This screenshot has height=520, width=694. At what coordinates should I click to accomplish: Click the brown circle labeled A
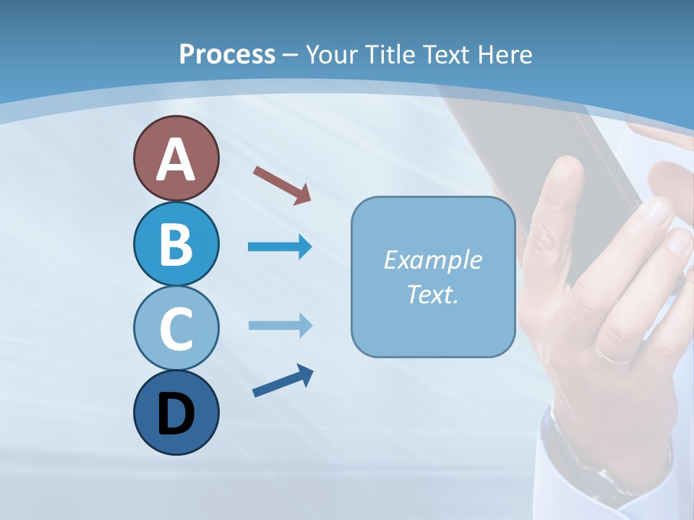click(x=176, y=158)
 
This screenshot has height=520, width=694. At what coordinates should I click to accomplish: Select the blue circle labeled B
click(x=176, y=243)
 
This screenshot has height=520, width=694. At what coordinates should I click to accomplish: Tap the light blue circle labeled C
click(x=176, y=327)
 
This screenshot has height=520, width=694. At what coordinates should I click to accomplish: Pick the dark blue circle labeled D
click(x=176, y=412)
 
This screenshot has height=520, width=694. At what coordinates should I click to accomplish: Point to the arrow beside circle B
click(x=280, y=247)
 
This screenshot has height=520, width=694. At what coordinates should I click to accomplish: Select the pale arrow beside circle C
click(x=280, y=326)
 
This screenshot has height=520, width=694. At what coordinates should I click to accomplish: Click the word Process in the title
click(x=227, y=54)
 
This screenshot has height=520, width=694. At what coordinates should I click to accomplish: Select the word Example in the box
click(x=432, y=260)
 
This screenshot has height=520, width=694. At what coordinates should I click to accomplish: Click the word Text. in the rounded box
click(x=432, y=294)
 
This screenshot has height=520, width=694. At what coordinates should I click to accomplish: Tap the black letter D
click(x=176, y=414)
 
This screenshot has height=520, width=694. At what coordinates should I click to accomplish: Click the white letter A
click(x=176, y=160)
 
